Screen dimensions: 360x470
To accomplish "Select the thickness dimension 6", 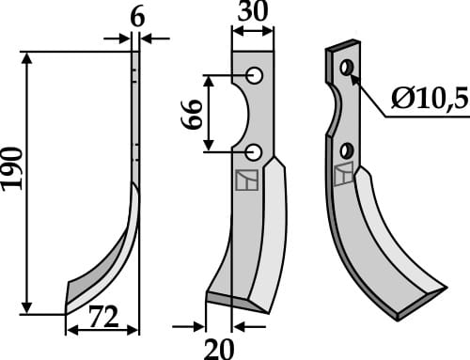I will (x=136, y=16).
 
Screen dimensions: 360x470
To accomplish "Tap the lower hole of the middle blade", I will (x=254, y=150).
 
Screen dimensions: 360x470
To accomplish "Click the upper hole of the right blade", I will (x=348, y=68).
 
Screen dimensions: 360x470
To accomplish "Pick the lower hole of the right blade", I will (x=347, y=149).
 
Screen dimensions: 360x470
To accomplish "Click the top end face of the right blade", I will (x=342, y=45).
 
